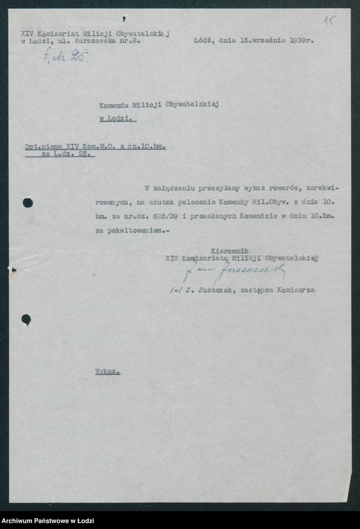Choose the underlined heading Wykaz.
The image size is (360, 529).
[x=107, y=372]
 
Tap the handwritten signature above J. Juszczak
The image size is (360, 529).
[x=233, y=272]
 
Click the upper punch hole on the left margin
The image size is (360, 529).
[x=27, y=202]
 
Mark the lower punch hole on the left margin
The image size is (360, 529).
[x=26, y=319]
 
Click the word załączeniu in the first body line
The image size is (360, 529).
[x=176, y=188]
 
